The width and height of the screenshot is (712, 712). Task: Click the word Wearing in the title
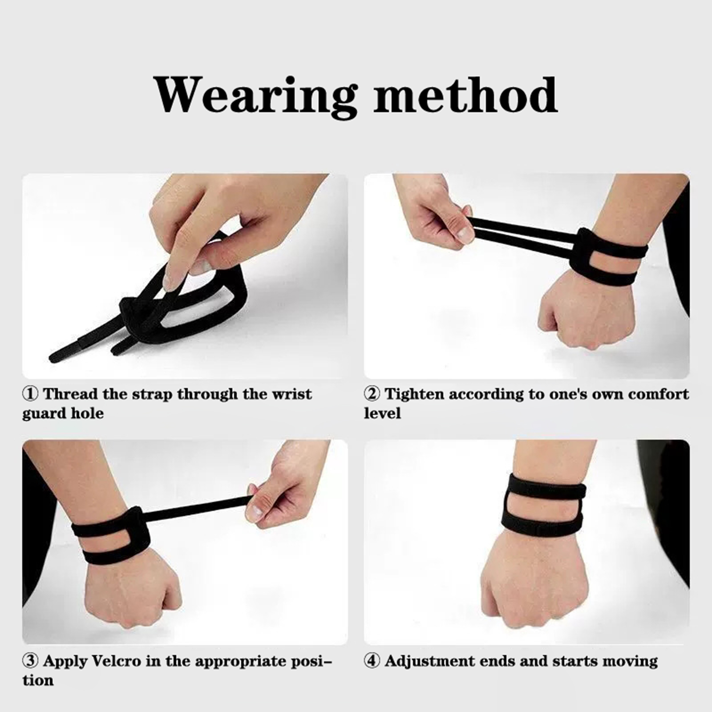click(255, 96)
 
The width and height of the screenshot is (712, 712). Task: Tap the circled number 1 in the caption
click(30, 394)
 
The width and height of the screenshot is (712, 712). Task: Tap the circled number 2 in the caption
click(372, 394)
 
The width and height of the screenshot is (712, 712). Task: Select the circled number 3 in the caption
click(30, 661)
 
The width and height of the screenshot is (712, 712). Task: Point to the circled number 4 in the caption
click(372, 661)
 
